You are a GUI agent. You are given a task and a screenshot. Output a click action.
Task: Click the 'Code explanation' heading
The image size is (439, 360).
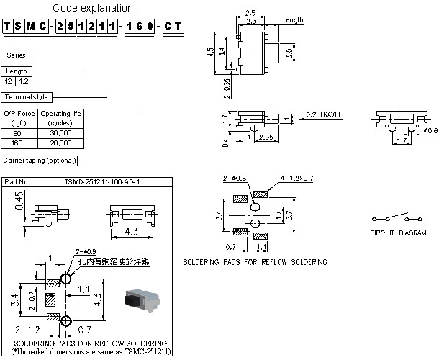pyautogui.click(x=94, y=9)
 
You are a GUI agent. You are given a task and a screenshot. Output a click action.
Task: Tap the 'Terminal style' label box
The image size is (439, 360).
pyautogui.click(x=28, y=96)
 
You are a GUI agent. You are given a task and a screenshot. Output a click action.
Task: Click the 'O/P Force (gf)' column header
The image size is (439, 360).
pyautogui.click(x=19, y=117)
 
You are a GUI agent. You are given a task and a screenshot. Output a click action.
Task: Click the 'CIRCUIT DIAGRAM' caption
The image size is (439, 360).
pyautogui.click(x=398, y=233)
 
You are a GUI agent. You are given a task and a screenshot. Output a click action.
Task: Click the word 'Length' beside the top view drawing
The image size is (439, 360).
pyautogui.click(x=292, y=20)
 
